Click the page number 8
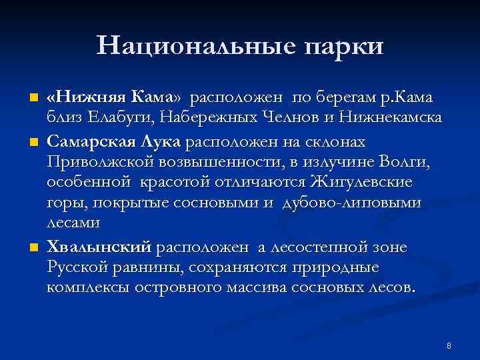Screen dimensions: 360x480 coord(449,346)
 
